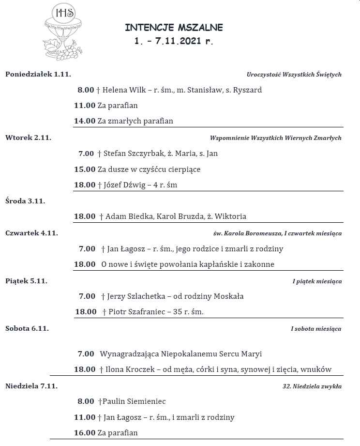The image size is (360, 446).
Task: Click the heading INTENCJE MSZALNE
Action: coord(174,28)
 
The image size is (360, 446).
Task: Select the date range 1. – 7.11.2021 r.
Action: coord(174,42)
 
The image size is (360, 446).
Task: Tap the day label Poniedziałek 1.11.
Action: coord(38,74)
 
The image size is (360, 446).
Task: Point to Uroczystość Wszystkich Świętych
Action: coord(294,75)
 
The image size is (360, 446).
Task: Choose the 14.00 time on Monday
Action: coord(85,121)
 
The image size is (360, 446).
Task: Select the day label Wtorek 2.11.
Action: coord(28,138)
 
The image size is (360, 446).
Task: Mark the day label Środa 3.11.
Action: coord(25,200)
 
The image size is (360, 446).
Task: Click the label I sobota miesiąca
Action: coord(316,329)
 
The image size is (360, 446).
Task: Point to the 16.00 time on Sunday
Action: coord(85,433)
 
